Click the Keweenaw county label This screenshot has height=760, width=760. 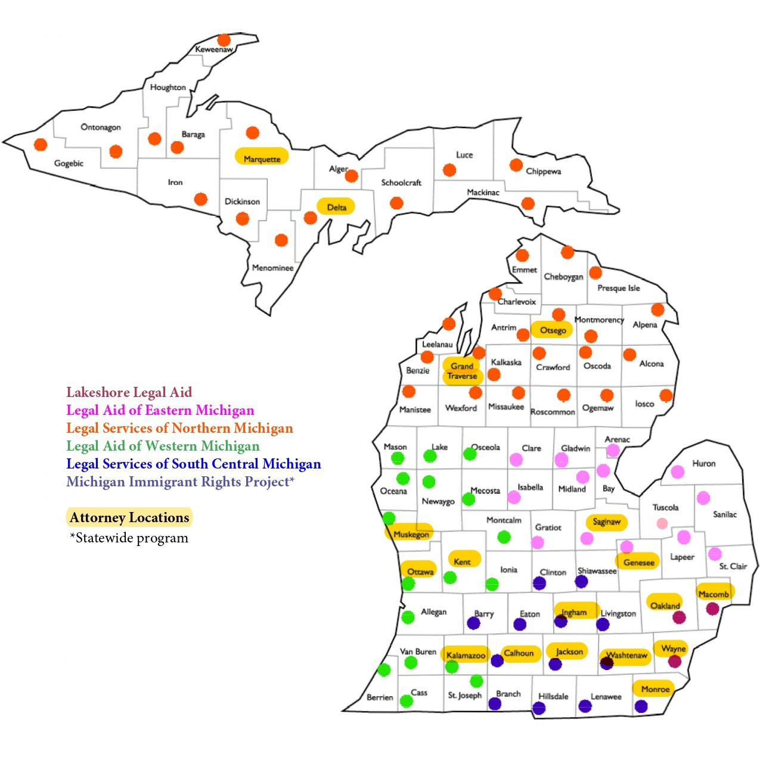click(214, 49)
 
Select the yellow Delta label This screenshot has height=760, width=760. click(336, 207)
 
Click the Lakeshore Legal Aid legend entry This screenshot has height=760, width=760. click(129, 392)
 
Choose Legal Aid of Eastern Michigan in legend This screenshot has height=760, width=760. click(160, 410)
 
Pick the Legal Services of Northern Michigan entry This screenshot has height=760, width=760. click(179, 428)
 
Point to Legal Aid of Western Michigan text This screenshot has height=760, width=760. click(163, 446)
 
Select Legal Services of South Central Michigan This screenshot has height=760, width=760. click(193, 464)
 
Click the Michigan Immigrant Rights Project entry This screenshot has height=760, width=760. click(180, 482)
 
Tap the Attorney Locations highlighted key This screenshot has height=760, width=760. click(129, 517)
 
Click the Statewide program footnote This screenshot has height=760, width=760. click(129, 538)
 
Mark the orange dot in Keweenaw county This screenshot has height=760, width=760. click(224, 40)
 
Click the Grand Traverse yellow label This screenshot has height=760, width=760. click(462, 371)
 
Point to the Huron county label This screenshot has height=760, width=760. click(703, 463)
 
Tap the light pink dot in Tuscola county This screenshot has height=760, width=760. click(662, 523)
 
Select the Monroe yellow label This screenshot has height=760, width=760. click(655, 689)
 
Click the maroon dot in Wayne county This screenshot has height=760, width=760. click(675, 661)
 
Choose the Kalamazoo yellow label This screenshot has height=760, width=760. click(466, 655)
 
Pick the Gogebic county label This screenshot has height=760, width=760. click(69, 163)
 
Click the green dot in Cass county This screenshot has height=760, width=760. click(406, 701)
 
